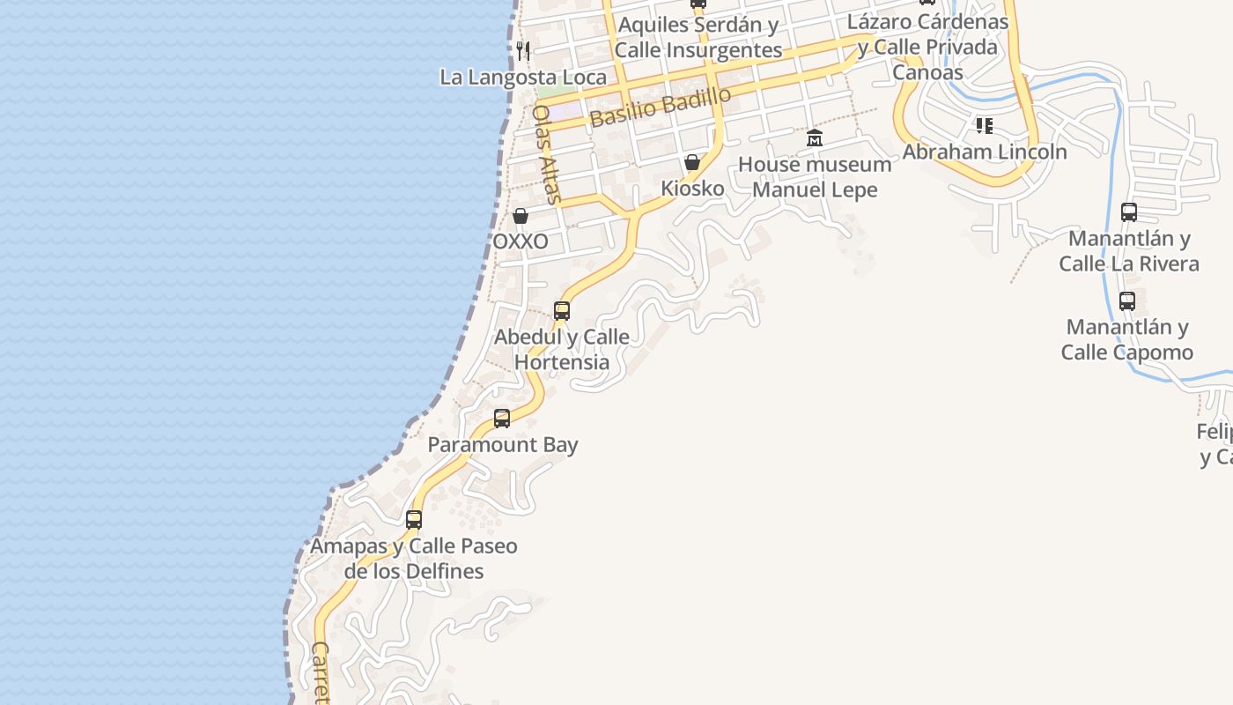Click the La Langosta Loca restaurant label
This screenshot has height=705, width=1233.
(x=523, y=78)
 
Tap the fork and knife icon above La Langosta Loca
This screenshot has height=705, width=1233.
(x=523, y=50)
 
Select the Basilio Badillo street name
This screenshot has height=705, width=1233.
(x=661, y=107)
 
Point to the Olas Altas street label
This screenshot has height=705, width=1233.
(x=547, y=154)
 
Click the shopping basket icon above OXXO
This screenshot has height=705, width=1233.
(x=521, y=216)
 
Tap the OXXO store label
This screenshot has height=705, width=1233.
(x=521, y=241)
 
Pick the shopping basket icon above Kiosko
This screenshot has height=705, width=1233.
(x=692, y=162)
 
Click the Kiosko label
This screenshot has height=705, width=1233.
(x=692, y=189)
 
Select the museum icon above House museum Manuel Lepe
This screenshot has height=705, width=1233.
(x=815, y=138)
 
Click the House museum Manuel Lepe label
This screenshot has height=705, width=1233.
(x=815, y=177)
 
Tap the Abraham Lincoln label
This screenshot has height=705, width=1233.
(x=985, y=152)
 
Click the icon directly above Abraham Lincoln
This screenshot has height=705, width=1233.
(x=985, y=126)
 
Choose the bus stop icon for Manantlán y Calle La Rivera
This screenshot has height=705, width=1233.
(x=1129, y=212)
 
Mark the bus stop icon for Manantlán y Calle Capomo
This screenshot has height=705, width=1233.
(x=1127, y=301)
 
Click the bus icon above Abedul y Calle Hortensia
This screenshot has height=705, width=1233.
(x=562, y=311)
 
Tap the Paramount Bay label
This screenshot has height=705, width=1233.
(x=503, y=445)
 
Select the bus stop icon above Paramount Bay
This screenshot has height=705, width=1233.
(x=502, y=419)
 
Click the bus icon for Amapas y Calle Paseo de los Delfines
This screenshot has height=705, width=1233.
(x=414, y=520)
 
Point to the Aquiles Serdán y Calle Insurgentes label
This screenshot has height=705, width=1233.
(x=698, y=38)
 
